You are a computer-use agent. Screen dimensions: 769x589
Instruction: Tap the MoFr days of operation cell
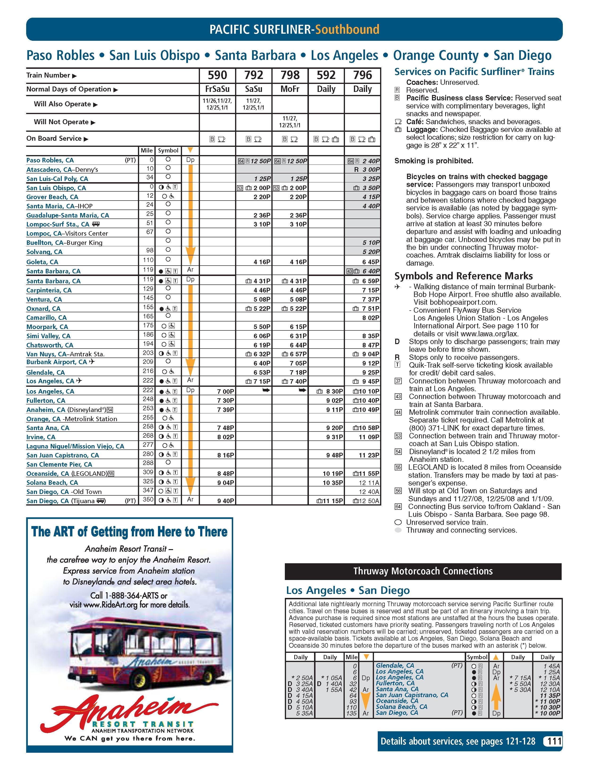click(290, 89)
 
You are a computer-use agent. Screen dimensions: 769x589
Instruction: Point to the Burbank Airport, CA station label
click(56, 362)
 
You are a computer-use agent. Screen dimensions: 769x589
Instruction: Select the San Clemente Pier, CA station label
click(59, 465)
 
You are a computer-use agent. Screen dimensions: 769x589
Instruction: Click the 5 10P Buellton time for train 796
click(371, 243)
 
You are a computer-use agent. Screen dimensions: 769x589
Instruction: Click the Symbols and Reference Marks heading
click(464, 276)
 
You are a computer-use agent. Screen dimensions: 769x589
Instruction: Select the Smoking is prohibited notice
click(434, 161)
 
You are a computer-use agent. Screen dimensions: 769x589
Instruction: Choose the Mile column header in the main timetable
click(147, 151)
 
